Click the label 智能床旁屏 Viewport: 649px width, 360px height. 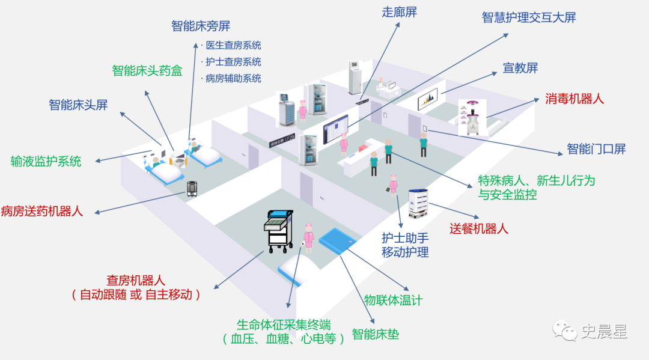point(201,26)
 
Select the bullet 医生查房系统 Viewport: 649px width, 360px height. point(233,45)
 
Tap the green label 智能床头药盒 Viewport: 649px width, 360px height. point(147,71)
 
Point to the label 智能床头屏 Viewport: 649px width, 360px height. point(78,105)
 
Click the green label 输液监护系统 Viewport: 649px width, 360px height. point(46,162)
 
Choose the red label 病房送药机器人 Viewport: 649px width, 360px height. point(42,211)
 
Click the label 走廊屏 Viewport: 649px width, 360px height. point(400,12)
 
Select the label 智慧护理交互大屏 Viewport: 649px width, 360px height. point(529,17)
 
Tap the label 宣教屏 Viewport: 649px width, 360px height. point(520,68)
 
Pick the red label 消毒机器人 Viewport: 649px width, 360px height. point(574,99)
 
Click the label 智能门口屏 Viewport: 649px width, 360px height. point(596,148)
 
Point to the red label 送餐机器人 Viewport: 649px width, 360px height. point(479,228)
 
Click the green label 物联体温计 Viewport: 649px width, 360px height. point(393,301)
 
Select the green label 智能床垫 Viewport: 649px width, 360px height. point(376,334)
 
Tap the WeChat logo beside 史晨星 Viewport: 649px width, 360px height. point(564,331)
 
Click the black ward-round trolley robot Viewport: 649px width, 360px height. point(279,231)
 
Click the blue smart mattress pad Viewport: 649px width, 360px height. point(337,240)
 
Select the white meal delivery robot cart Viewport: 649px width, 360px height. point(418,203)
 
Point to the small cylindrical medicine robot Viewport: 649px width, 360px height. point(192,189)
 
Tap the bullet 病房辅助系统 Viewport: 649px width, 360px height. point(233,78)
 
